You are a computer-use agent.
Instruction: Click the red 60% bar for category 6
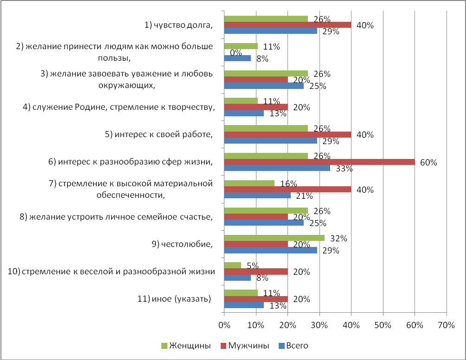[319, 162]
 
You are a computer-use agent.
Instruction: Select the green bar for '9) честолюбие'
[274, 238]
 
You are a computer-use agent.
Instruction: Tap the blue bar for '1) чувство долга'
[271, 31]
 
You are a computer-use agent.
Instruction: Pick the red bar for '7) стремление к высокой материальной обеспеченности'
[287, 189]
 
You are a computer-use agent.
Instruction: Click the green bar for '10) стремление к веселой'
[233, 265]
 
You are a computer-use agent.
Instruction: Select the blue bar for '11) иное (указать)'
[244, 305]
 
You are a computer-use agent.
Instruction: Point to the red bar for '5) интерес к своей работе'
[287, 134]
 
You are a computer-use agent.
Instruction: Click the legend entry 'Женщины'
[186, 346]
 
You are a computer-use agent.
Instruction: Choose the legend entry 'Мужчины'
[245, 346]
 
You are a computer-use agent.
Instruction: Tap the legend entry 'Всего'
[294, 346]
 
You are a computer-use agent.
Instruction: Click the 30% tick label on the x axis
[319, 325]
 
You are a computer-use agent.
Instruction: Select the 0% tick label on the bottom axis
[224, 325]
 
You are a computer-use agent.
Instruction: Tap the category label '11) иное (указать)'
[174, 299]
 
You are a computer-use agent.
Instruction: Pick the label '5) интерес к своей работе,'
[159, 134]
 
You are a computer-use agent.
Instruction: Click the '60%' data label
[428, 163]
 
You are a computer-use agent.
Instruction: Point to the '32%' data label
[339, 239]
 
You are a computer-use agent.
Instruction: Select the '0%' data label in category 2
[236, 52]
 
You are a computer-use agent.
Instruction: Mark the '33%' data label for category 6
[344, 169]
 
